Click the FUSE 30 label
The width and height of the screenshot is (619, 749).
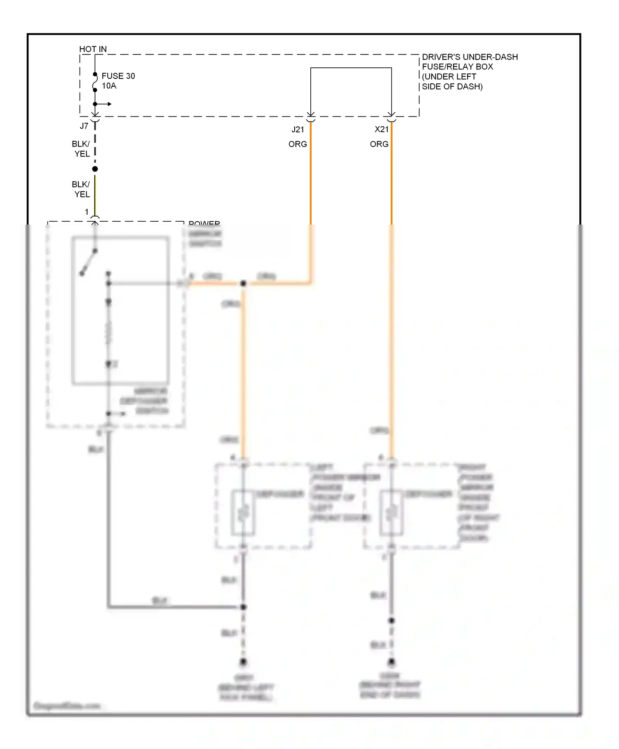click(118, 76)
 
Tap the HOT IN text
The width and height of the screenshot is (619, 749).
click(93, 49)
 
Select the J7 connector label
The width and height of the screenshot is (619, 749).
click(84, 126)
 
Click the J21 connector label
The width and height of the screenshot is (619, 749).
click(298, 129)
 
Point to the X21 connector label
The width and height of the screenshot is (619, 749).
click(381, 129)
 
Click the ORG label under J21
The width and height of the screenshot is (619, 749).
click(298, 144)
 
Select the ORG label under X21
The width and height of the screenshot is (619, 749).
click(379, 144)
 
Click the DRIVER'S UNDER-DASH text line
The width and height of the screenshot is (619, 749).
click(470, 57)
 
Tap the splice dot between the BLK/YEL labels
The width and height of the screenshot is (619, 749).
click(95, 169)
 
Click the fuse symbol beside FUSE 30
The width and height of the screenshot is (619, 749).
click(95, 82)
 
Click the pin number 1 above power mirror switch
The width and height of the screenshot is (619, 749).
click(87, 212)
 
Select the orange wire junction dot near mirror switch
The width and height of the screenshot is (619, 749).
click(243, 283)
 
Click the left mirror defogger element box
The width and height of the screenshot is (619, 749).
click(243, 512)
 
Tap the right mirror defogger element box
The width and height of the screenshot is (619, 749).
click(391, 512)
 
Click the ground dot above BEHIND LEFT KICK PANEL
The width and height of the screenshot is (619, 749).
click(243, 662)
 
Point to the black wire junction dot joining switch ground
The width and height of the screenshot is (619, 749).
click(243, 607)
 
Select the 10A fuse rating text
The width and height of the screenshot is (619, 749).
click(109, 86)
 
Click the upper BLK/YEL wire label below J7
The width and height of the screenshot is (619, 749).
click(81, 149)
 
